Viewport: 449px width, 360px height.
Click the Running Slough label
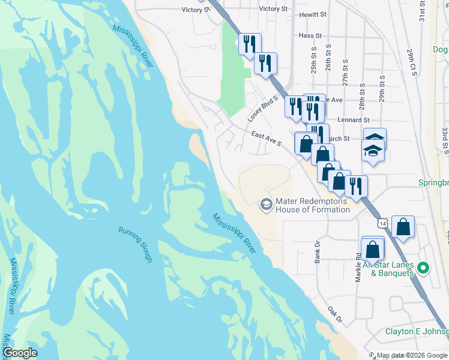135,244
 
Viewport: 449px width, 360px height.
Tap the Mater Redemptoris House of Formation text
312,205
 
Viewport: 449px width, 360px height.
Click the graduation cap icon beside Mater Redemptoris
265,205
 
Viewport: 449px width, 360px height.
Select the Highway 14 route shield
384,223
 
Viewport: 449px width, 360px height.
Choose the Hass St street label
307,35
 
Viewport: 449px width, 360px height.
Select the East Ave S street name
267,139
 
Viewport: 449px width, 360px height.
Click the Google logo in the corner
20,353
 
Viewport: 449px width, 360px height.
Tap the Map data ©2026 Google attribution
412,355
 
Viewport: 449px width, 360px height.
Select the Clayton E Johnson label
416,332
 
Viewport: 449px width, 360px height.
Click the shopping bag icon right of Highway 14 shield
405,227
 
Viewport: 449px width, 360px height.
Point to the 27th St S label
345,73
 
